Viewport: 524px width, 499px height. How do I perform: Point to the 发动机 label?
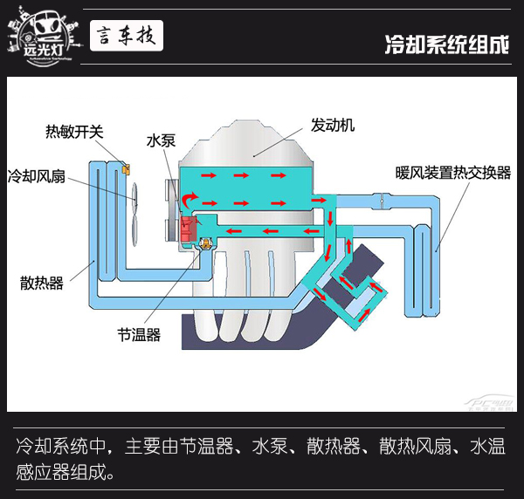332,125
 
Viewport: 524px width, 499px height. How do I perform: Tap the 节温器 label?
139,334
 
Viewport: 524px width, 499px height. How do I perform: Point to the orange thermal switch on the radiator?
126,167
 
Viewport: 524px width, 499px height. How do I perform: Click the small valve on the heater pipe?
382,203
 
